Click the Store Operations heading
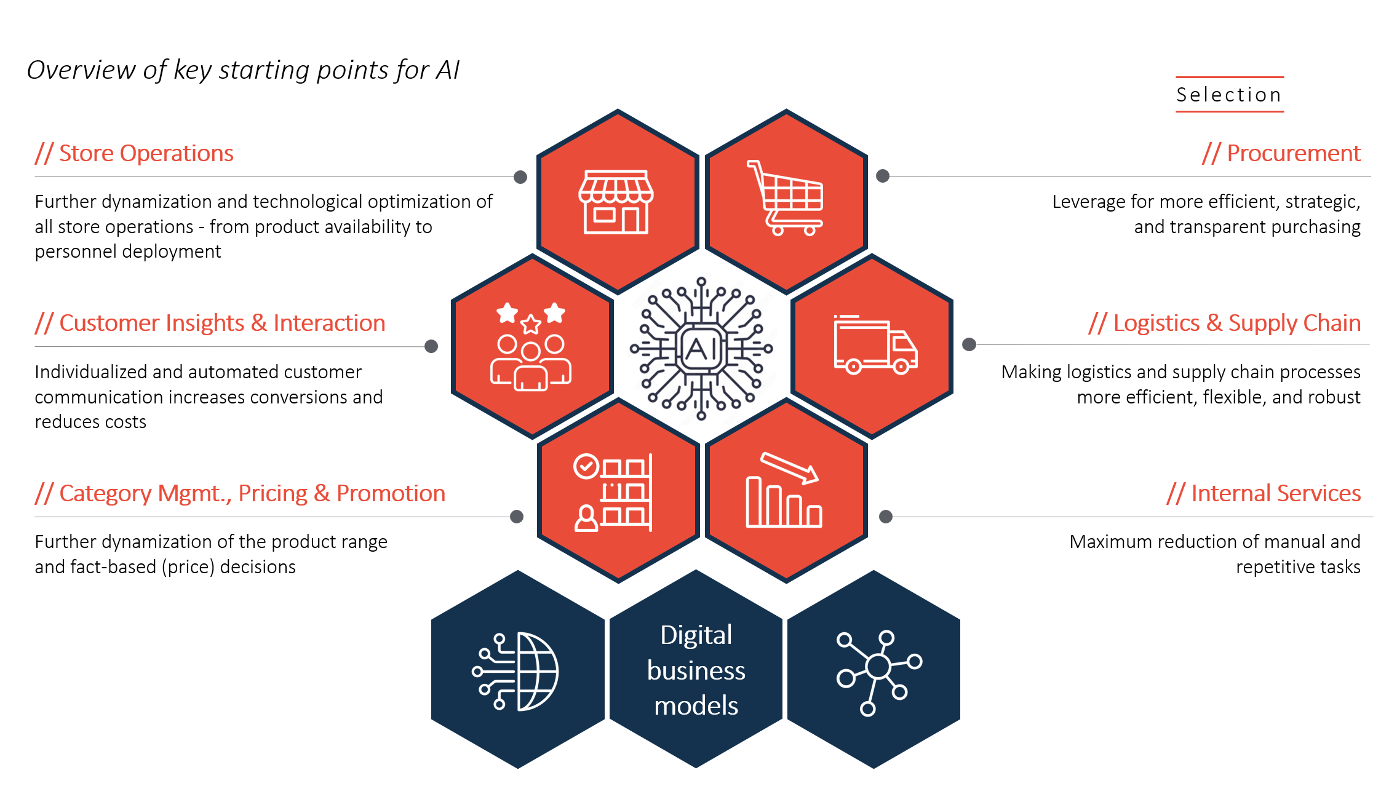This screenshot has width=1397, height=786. click(x=134, y=153)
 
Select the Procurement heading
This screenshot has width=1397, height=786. click(x=1281, y=153)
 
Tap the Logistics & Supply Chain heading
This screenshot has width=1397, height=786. click(x=1224, y=323)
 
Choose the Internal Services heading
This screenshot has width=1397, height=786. click(x=1264, y=493)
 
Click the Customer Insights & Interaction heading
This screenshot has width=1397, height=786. click(x=210, y=323)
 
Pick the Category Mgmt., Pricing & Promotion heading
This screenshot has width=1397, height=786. click(x=240, y=493)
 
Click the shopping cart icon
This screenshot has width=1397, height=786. click(x=786, y=198)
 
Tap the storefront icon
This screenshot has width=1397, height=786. click(x=616, y=202)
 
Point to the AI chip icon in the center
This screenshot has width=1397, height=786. click(x=701, y=349)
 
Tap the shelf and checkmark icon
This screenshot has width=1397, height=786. click(x=613, y=492)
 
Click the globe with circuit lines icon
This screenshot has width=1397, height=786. click(x=517, y=671)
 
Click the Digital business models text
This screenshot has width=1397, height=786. click(x=696, y=670)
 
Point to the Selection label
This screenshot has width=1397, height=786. click(x=1229, y=95)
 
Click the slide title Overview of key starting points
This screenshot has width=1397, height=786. click(x=243, y=70)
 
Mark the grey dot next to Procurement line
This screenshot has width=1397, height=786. click(x=883, y=176)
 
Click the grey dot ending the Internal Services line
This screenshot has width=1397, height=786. click(x=886, y=517)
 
